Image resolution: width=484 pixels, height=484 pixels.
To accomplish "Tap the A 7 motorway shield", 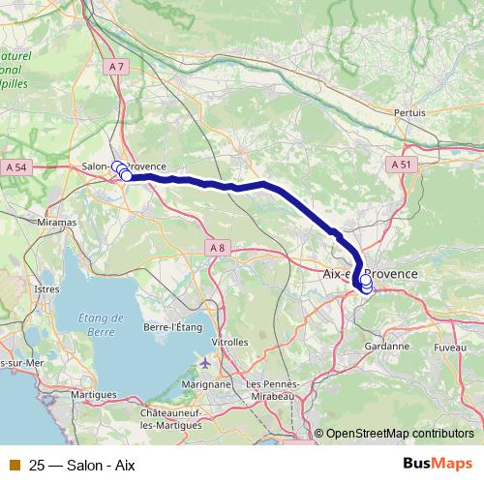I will [x=117, y=66].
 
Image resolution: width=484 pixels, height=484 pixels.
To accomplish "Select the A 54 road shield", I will [x=16, y=167].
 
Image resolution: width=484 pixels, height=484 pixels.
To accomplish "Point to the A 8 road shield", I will [x=217, y=249].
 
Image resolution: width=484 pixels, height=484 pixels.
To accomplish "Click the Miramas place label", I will [x=58, y=223].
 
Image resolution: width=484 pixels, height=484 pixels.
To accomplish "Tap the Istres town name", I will [x=46, y=288].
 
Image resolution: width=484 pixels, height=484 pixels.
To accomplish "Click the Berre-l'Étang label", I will [x=172, y=328].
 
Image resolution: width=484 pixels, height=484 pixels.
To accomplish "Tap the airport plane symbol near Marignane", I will [x=203, y=363].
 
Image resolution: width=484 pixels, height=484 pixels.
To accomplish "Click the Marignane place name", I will [x=204, y=383].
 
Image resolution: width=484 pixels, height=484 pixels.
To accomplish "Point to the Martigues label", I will [x=94, y=395].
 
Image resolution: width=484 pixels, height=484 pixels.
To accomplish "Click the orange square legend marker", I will [x=15, y=465].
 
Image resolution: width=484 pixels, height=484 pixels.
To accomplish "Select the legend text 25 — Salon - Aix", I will [x=82, y=465].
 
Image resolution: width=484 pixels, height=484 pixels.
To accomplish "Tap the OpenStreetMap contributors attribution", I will [x=400, y=433].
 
